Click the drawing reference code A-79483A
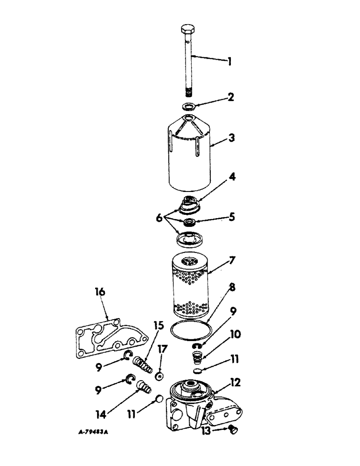pyautogui.click(x=93, y=432)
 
